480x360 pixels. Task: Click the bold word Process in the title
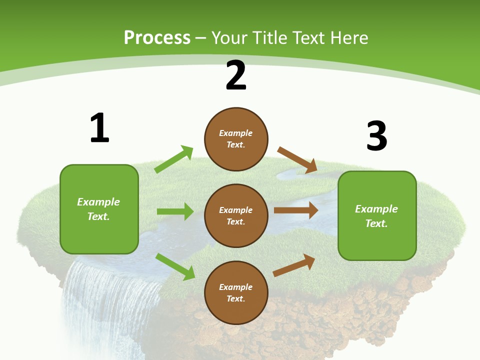pyautogui.click(x=157, y=38)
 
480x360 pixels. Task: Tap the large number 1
pyautogui.click(x=99, y=128)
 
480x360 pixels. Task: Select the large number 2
pyautogui.click(x=236, y=75)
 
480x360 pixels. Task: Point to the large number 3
pyautogui.click(x=376, y=136)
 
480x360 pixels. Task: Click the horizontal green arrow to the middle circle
pyautogui.click(x=175, y=211)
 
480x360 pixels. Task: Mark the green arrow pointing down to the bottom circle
pyautogui.click(x=175, y=266)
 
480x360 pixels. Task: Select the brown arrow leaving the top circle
pyautogui.click(x=297, y=160)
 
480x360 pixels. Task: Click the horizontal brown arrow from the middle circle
pyautogui.click(x=295, y=210)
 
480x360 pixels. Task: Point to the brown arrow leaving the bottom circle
pyautogui.click(x=294, y=265)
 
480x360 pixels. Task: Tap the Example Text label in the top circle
pyautogui.click(x=236, y=139)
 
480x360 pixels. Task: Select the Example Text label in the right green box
pyautogui.click(x=376, y=216)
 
